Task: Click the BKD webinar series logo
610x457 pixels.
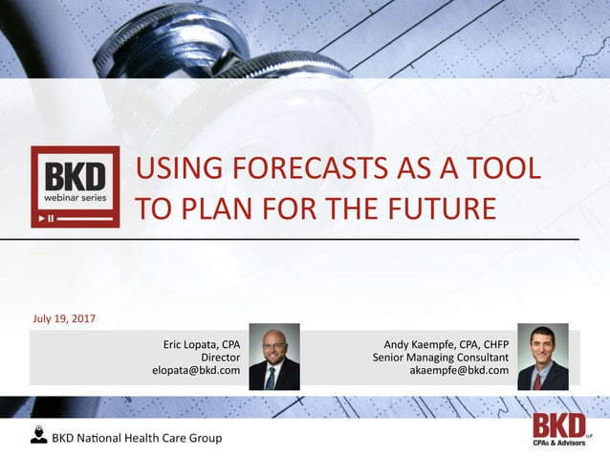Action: click(x=76, y=186)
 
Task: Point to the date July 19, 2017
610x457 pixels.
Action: click(x=64, y=318)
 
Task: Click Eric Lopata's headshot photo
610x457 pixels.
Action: click(x=273, y=357)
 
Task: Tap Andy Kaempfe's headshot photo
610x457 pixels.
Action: click(x=542, y=357)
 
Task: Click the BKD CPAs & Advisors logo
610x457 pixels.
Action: click(x=559, y=429)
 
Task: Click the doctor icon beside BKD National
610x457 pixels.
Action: click(x=38, y=436)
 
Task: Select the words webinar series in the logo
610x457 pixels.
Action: click(x=76, y=198)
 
